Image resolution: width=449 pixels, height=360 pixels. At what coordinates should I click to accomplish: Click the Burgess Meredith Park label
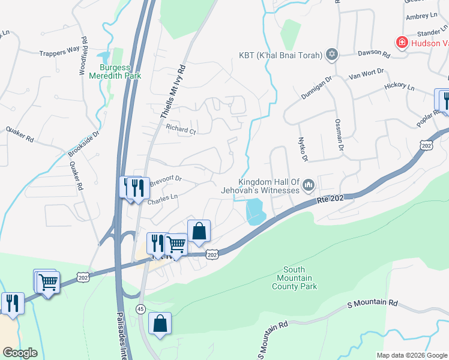tap(115, 72)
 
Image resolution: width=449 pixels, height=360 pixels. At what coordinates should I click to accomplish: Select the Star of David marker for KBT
tap(331, 56)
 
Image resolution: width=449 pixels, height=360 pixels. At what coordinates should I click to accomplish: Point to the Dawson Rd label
tap(374, 54)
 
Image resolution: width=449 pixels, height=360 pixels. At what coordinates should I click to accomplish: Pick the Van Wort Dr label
tap(366, 75)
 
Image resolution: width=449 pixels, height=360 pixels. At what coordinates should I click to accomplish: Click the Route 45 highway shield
tap(140, 308)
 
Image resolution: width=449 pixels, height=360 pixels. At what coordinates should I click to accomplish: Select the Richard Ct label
tap(181, 129)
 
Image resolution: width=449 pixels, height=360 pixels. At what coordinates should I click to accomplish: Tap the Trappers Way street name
tap(59, 51)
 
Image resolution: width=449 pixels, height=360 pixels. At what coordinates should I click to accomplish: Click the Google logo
tap(20, 353)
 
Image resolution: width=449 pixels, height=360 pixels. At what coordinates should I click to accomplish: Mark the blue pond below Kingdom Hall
tap(256, 211)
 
